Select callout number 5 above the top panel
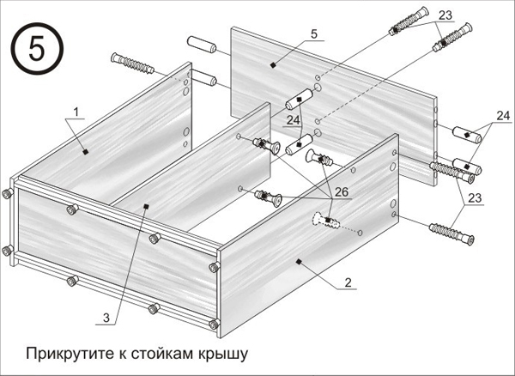point(313,33)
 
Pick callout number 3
point(106,317)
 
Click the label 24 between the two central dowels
point(294,121)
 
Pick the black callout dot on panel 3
point(146,205)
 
